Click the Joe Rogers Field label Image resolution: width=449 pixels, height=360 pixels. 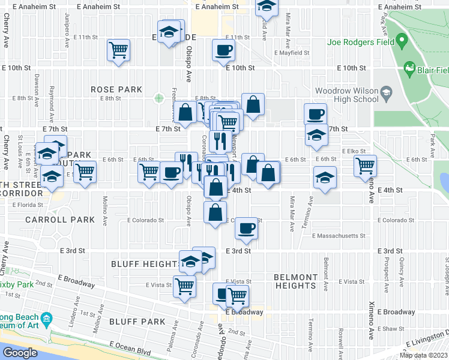360,43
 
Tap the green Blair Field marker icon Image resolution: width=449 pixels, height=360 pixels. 410,68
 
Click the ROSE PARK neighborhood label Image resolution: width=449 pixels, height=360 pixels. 116,89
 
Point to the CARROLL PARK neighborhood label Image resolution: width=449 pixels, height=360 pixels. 60,220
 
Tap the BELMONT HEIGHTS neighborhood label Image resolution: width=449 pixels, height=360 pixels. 295,281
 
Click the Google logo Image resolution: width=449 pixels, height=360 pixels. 20,353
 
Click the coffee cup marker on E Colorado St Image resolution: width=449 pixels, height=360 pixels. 246,228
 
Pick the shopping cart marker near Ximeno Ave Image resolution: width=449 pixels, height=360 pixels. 365,165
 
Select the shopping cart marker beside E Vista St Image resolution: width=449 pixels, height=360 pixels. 184,286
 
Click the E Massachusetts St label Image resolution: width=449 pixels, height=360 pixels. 339,236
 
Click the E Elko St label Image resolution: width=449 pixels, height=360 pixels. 354,152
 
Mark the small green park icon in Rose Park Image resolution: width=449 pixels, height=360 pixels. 158,98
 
